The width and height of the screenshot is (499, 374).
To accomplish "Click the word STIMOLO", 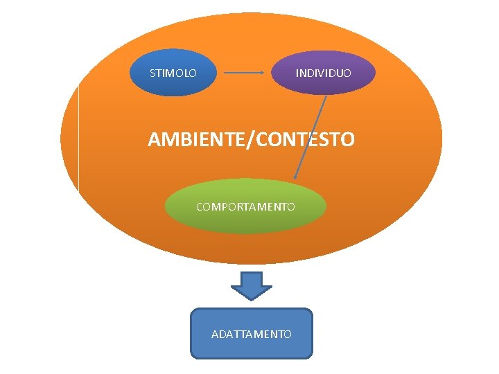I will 173,73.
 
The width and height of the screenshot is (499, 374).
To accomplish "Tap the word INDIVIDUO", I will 323,73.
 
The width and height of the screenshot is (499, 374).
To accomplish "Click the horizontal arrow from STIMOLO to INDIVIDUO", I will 243,72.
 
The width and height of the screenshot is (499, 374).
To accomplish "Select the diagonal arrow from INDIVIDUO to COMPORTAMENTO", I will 310,136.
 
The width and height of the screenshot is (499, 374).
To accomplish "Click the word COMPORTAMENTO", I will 245,206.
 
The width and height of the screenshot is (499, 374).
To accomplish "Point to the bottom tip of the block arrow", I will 251,299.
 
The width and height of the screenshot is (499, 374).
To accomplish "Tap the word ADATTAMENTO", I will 251,334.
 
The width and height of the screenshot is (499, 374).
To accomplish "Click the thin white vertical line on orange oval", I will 79,139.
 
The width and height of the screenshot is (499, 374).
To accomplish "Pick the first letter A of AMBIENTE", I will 155,140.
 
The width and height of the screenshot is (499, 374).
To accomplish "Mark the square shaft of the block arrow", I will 251,278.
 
